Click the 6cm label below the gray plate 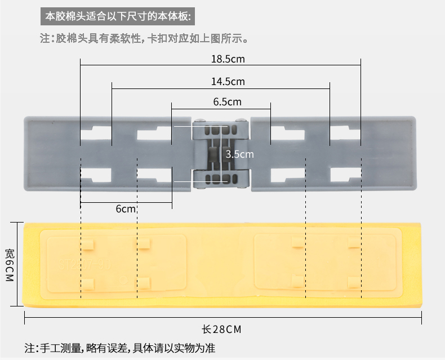pos(126,209)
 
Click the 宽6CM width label pos(10,264)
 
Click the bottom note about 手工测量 pos(119,348)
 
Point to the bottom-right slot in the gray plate pos(345,175)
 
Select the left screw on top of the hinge pos(198,121)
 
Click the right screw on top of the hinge pos(242,121)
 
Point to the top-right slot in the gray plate pos(345,134)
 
